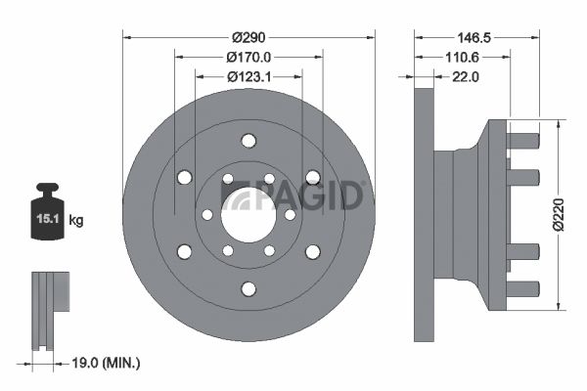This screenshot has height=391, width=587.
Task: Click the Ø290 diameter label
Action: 248,37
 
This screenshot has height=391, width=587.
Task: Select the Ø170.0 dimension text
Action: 248,57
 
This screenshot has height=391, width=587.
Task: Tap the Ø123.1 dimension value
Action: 248,76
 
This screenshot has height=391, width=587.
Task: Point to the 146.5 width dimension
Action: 474,37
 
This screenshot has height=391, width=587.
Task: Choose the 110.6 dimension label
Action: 462,57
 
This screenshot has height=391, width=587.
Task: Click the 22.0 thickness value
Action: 466,76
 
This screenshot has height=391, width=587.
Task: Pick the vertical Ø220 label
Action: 559,215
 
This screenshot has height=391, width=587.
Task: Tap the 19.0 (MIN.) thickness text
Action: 106,363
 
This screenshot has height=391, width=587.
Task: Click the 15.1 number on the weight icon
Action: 48,219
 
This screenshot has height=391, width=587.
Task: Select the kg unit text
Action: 76,220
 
